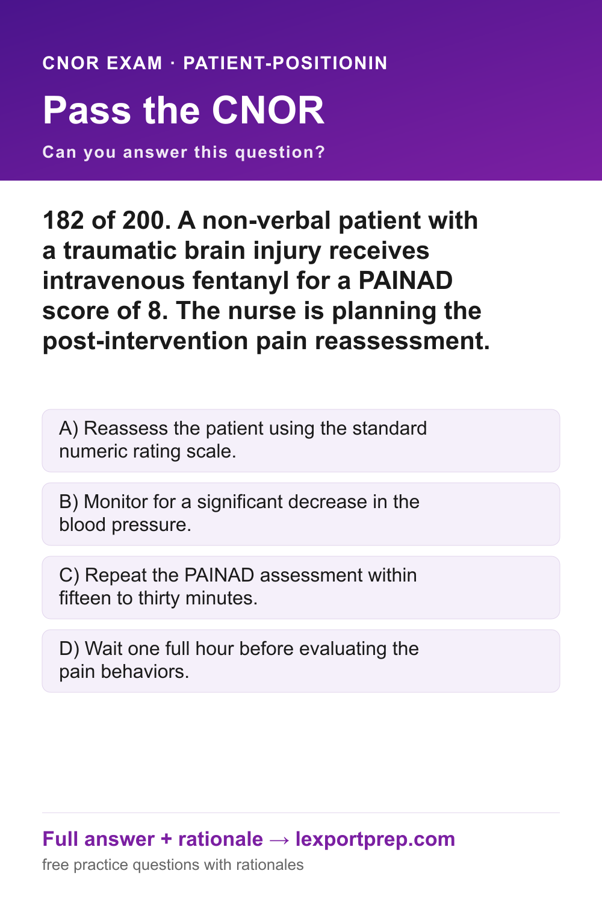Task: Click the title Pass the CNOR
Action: tap(184, 110)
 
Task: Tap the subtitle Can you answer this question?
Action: tap(184, 152)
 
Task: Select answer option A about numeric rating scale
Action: tap(301, 441)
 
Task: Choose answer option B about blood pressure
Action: tap(301, 514)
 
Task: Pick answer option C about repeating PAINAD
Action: tap(301, 588)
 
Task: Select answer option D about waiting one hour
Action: tap(301, 661)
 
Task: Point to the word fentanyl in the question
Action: tap(241, 281)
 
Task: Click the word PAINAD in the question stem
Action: tap(406, 281)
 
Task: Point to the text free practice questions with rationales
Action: tap(173, 865)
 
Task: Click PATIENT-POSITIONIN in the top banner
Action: tap(285, 63)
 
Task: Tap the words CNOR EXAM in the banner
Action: tap(102, 63)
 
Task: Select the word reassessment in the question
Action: tap(402, 341)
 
